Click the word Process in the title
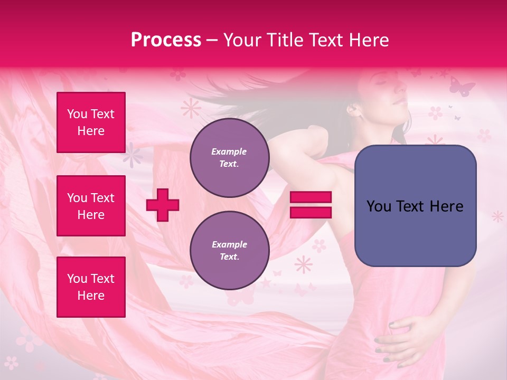pos(166,40)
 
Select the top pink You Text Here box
pos(91,122)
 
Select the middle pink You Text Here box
pos(91,206)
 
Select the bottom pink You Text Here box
pos(91,287)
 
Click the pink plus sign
pos(163,205)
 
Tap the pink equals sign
pos(311,205)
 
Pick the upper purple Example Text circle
pos(229,157)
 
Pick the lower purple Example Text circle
pos(229,250)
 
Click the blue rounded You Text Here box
pos(415,206)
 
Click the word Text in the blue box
pos(414,206)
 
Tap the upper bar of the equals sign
pos(311,197)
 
